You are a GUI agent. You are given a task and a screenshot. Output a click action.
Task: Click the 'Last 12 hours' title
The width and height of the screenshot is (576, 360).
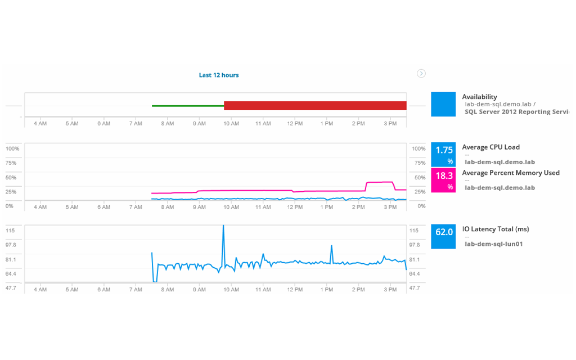219,75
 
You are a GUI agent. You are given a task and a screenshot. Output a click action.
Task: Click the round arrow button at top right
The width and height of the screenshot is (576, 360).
421,73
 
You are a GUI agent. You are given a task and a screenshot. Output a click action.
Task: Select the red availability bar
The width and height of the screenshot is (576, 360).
315,106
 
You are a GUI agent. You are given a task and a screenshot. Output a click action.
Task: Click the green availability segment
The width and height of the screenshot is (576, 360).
188,105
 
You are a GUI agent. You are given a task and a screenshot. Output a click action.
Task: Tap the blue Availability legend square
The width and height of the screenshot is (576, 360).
443,105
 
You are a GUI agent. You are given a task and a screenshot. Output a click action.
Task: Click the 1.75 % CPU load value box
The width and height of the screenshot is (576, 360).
443,154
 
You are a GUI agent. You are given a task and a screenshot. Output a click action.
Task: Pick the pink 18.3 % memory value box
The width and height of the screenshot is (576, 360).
443,180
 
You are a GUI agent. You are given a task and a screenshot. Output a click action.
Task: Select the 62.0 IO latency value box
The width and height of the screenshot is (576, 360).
443,237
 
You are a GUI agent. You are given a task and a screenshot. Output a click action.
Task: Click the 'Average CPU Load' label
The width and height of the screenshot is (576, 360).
490,147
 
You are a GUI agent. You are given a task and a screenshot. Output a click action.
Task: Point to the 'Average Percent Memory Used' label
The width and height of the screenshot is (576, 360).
511,173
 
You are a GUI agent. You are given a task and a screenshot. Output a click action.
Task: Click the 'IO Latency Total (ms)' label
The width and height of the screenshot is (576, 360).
495,229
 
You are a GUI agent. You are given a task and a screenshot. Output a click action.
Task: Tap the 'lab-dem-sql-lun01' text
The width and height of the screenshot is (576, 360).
494,244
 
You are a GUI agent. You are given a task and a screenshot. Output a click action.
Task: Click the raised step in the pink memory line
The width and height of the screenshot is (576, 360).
379,182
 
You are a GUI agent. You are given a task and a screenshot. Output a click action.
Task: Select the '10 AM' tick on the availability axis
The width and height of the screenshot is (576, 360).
231,123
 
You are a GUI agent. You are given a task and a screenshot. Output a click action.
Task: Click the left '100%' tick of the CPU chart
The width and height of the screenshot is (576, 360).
12,148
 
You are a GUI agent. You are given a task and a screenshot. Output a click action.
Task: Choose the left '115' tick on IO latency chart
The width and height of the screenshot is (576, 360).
11,231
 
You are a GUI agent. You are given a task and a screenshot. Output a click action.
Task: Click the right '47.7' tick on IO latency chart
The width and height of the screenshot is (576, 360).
414,288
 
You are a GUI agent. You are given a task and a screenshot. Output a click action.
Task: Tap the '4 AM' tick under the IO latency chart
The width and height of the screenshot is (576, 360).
40,289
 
